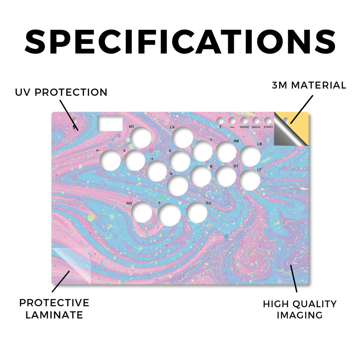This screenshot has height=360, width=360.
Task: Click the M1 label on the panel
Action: tap(131, 127)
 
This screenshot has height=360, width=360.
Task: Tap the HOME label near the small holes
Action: tap(244, 127)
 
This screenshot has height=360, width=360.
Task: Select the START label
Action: tap(268, 127)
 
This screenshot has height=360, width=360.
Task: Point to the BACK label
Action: tap(256, 127)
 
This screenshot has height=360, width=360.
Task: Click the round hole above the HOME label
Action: tap(244, 121)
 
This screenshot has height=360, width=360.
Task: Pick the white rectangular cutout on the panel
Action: tap(110, 123)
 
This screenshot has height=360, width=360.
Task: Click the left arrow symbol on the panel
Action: tap(98, 150)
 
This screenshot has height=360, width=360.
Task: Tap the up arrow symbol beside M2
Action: tap(159, 203)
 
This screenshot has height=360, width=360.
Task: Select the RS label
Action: tap(208, 203)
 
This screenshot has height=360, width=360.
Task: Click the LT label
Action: tap(259, 170)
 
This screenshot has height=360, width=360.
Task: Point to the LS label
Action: tap(172, 127)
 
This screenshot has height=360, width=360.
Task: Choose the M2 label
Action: tap(129, 203)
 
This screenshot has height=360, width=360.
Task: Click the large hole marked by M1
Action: tap(141, 137)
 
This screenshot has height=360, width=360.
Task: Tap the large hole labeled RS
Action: tap(197, 213)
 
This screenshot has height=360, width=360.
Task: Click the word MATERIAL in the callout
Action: tap(319, 85)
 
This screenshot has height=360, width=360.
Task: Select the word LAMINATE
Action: tap(54, 315)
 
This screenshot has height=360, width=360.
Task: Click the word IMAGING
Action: tap(300, 315)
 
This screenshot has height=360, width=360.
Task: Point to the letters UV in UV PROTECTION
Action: tap(22, 92)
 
